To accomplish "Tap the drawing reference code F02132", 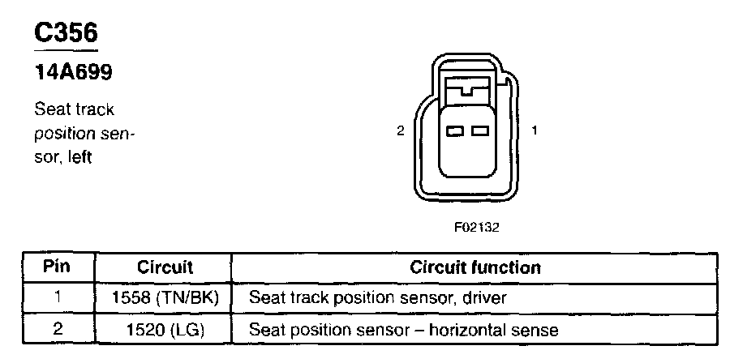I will (x=476, y=227).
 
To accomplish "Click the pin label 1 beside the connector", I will (x=535, y=130).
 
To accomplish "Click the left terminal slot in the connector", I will (x=456, y=130).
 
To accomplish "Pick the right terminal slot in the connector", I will (x=480, y=130).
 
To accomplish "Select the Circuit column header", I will (x=165, y=267).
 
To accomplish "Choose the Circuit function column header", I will (x=475, y=267).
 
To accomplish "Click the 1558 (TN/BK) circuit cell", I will (x=165, y=298).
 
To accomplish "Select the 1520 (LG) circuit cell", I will (x=165, y=330).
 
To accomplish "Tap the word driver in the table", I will (x=486, y=298).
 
